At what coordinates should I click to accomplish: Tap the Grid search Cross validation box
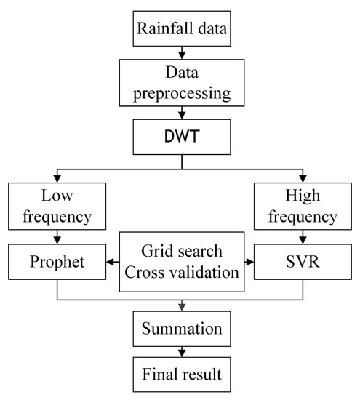pos(180,260)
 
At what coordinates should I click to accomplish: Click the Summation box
pos(180,328)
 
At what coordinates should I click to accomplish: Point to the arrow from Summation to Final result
pos(180,352)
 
